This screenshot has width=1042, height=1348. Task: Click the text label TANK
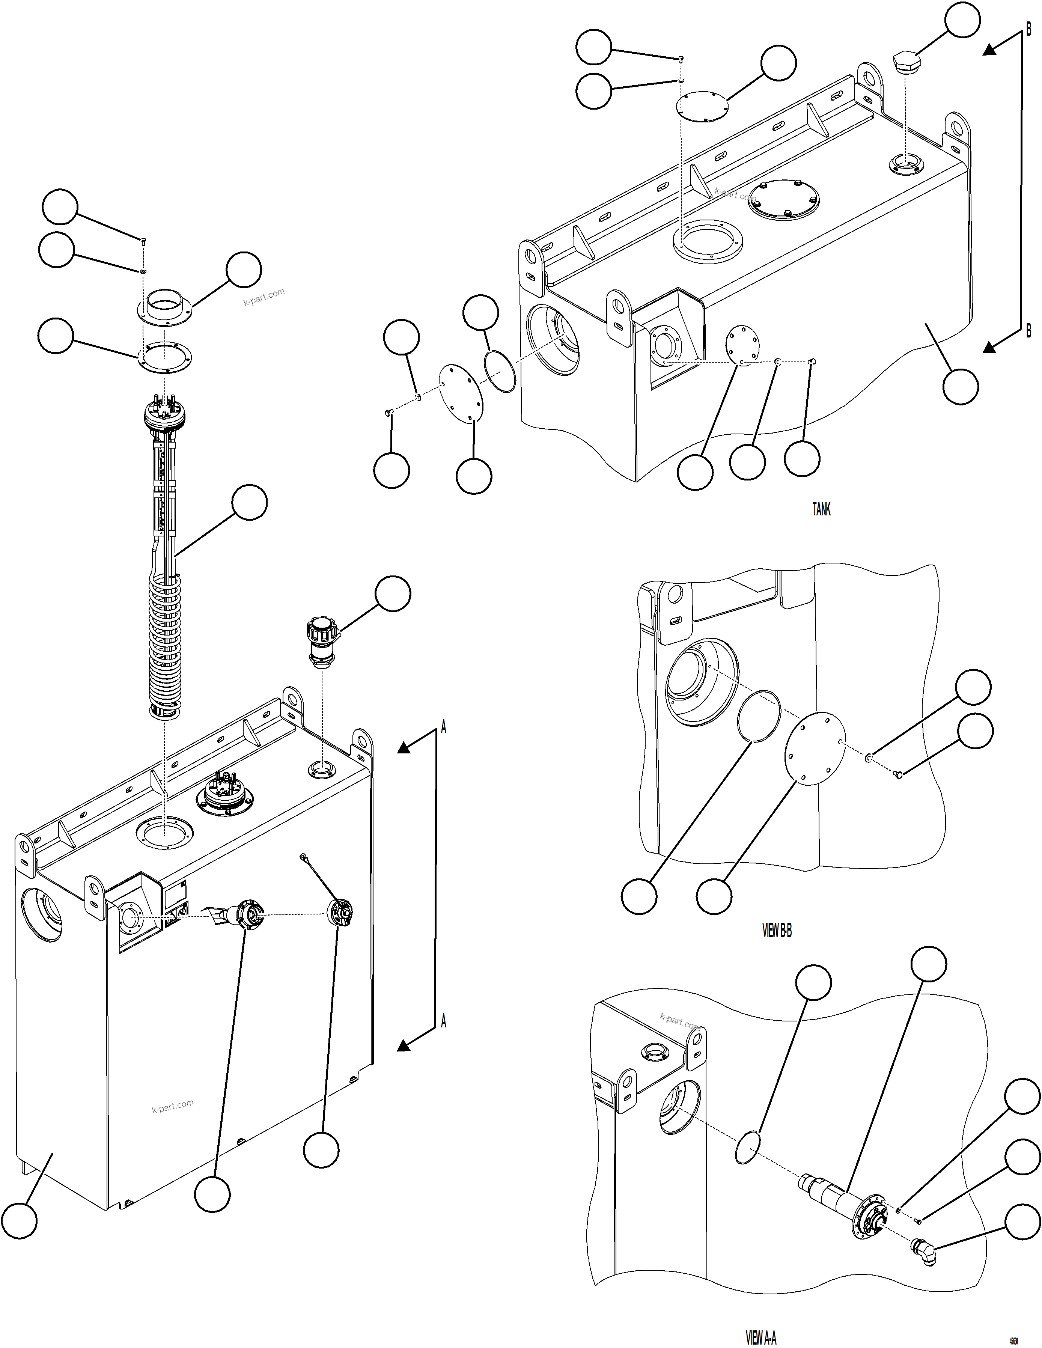[x=821, y=509]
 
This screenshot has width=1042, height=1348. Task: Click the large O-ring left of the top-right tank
[x=499, y=371]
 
